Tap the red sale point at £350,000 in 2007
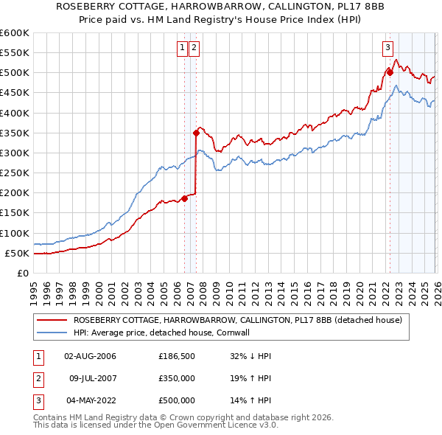(x=196, y=133)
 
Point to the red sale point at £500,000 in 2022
(x=389, y=72)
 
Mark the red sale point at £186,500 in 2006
(x=184, y=198)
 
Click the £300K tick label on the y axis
(x=14, y=153)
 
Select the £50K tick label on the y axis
(x=16, y=253)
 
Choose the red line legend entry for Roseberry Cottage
(x=237, y=320)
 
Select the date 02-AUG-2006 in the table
(x=90, y=355)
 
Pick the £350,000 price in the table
(x=176, y=378)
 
